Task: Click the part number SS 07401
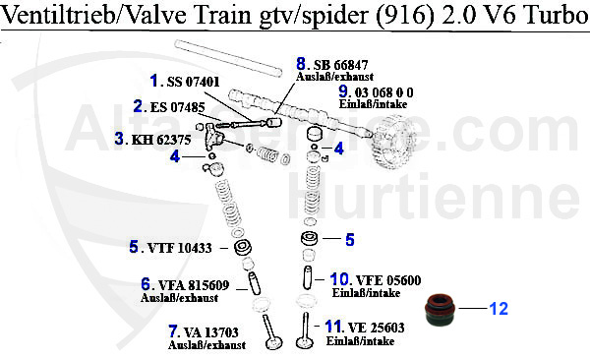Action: click(193, 80)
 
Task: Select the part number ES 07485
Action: click(178, 106)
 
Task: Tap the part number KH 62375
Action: click(163, 139)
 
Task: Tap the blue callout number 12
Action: click(499, 309)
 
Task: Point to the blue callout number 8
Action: click(302, 64)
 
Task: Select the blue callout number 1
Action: click(154, 80)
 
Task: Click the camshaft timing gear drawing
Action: click(398, 144)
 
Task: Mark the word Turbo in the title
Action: click(546, 16)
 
